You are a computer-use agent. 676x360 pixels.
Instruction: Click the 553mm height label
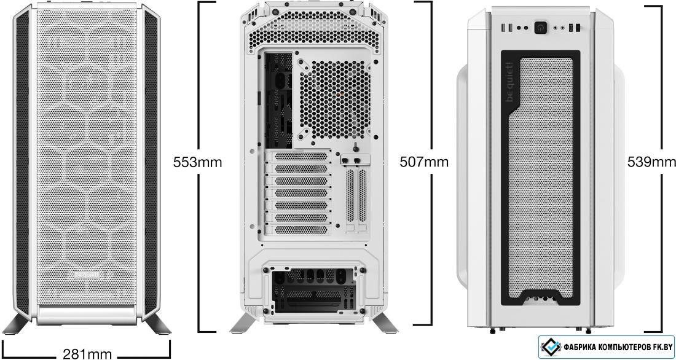pos(197,162)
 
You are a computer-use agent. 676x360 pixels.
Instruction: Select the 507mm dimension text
pos(424,162)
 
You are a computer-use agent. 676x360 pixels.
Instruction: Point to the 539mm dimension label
pos(651,162)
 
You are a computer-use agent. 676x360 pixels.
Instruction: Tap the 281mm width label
pos(87,354)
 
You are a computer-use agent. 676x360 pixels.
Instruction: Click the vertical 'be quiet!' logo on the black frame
pos(509,82)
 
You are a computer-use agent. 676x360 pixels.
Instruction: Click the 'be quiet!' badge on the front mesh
pos(86,275)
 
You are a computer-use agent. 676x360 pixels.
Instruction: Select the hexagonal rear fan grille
pos(334,100)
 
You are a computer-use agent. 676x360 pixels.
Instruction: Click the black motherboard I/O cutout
pos(278,101)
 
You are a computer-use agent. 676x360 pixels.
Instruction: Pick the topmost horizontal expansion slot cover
pos(301,156)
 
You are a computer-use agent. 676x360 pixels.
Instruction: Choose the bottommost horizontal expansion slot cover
pos(301,230)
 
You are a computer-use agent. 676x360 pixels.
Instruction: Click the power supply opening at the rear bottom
pos(313,290)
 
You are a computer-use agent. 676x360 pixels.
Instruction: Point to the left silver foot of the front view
pos(17,324)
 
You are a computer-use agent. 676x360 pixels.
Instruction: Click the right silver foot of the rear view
pos(385,323)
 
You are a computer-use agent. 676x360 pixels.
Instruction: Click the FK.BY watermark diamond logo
pos(551,346)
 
